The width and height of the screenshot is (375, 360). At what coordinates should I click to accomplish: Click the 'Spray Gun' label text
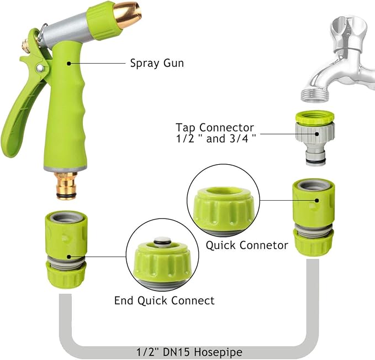click(x=156, y=63)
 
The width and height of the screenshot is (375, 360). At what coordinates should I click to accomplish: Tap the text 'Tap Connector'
click(x=215, y=127)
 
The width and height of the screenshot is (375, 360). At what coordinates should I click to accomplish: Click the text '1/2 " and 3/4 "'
click(x=215, y=138)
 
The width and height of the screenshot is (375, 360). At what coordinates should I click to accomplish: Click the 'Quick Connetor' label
click(x=247, y=245)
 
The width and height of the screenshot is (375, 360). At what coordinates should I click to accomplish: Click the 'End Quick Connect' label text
click(x=164, y=301)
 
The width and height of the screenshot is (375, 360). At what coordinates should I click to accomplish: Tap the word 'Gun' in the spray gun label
click(x=172, y=63)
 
